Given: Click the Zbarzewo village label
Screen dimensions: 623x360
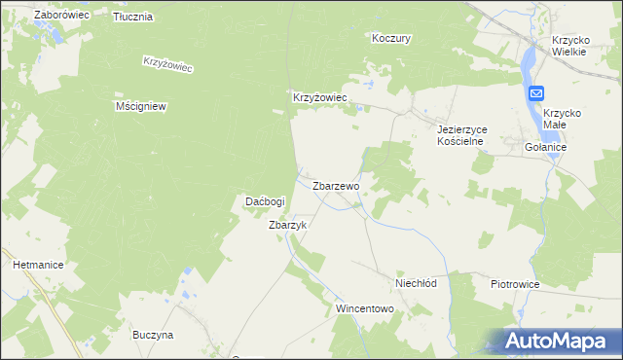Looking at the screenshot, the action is (337, 185).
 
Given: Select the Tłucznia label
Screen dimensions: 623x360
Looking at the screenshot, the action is (132, 18).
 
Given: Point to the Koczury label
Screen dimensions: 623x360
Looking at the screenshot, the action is (392, 39).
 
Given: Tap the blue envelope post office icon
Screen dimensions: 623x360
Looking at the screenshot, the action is (537, 92).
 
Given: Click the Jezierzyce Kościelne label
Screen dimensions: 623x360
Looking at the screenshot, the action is (461, 134).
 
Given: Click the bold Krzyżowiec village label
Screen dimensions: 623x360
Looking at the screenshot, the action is (321, 98).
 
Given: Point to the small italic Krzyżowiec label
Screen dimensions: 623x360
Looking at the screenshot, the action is (168, 63).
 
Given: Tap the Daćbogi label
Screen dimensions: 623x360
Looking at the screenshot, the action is (265, 201).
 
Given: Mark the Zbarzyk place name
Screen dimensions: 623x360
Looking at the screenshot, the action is (288, 225).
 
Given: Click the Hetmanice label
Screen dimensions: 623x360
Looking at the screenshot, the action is (38, 264).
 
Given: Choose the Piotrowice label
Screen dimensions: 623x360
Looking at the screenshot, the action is (516, 284).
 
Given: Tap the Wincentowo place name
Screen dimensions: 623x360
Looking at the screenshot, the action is (364, 308).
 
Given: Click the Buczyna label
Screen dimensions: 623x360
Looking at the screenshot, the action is (153, 335).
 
